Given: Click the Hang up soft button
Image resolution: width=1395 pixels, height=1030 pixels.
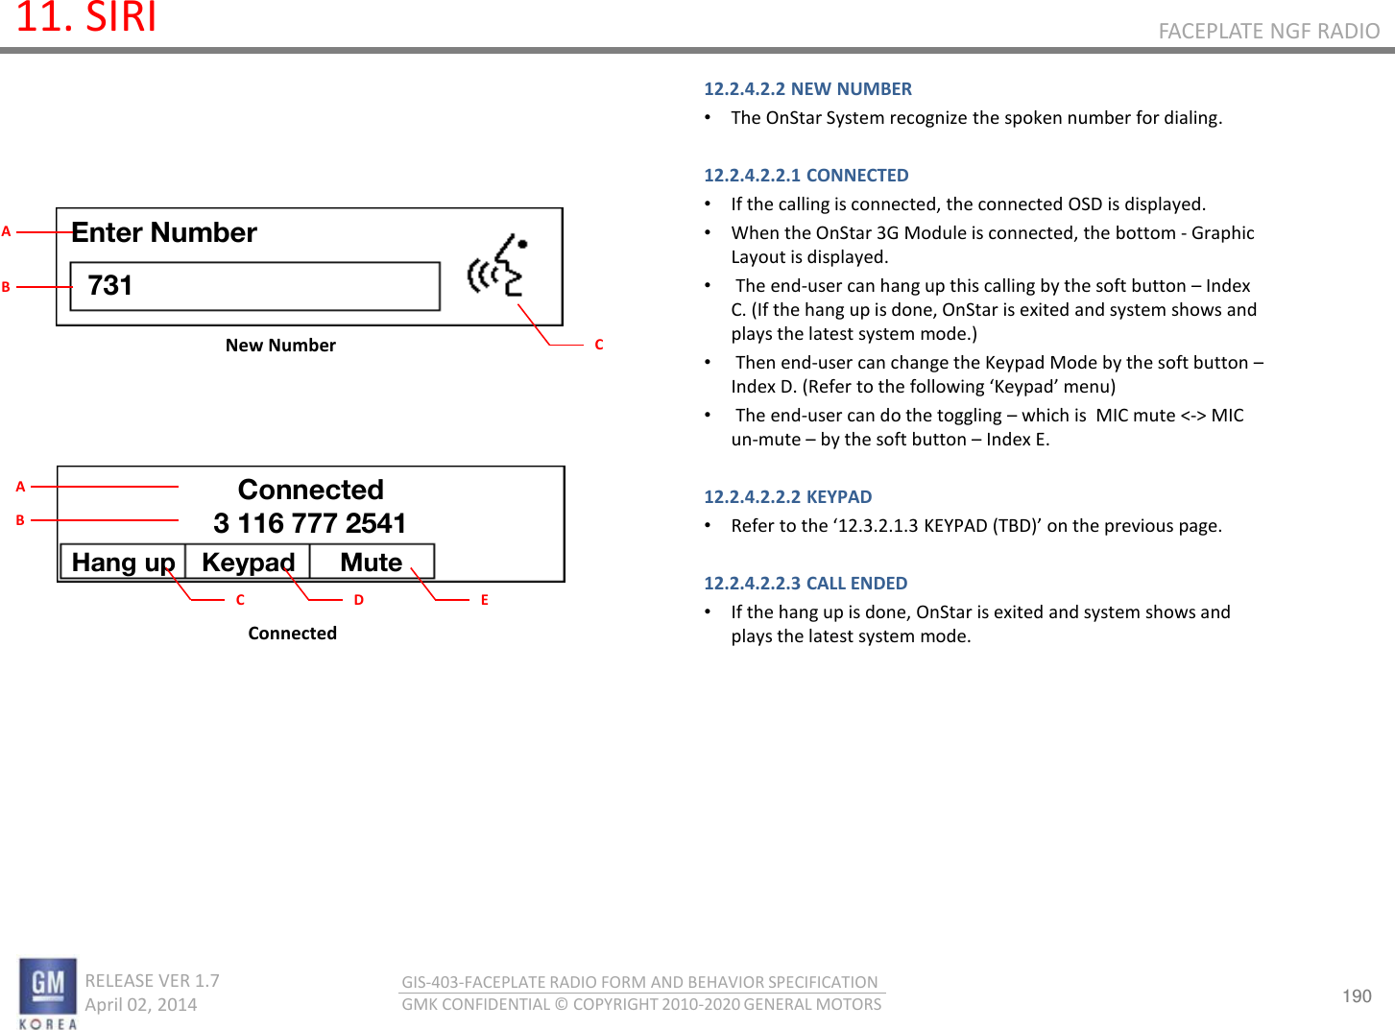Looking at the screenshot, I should tap(123, 563).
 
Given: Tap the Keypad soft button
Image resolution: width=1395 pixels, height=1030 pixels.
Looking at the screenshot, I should tap(248, 563).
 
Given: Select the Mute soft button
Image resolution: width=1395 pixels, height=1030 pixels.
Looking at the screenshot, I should tap(372, 563).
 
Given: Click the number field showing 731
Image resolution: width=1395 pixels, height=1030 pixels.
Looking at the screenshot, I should tap(254, 286).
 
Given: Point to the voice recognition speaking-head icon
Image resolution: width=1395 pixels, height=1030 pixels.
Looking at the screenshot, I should tap(497, 266).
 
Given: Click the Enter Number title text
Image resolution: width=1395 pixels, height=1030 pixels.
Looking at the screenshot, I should tap(164, 233).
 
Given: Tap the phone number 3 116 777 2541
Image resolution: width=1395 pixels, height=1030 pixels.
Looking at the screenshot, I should tap(309, 523).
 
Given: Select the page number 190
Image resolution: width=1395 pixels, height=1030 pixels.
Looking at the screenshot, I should tap(1356, 995).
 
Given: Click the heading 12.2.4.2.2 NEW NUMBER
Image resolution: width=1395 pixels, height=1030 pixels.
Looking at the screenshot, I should tap(807, 89).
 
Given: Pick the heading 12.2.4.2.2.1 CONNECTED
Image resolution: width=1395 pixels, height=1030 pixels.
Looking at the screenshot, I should tap(806, 176).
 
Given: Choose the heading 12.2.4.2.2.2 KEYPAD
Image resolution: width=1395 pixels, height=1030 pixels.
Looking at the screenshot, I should tap(787, 497).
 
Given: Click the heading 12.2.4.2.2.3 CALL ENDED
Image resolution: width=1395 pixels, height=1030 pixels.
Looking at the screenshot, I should tap(805, 584).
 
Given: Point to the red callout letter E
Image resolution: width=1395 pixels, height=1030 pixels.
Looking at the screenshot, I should tap(485, 600).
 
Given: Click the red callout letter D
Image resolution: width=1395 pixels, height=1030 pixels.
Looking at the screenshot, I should tap(359, 600).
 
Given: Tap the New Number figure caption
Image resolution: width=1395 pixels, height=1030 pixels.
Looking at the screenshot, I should tap(280, 346).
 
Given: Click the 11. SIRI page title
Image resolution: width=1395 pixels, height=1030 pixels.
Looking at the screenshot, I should tap(86, 18).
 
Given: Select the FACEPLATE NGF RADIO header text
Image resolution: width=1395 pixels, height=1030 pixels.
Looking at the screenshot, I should tap(1268, 32).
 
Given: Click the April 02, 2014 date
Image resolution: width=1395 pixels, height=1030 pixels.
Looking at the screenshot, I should tap(141, 1005).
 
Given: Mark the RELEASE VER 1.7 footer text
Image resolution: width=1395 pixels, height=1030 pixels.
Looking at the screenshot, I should tap(152, 981).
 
